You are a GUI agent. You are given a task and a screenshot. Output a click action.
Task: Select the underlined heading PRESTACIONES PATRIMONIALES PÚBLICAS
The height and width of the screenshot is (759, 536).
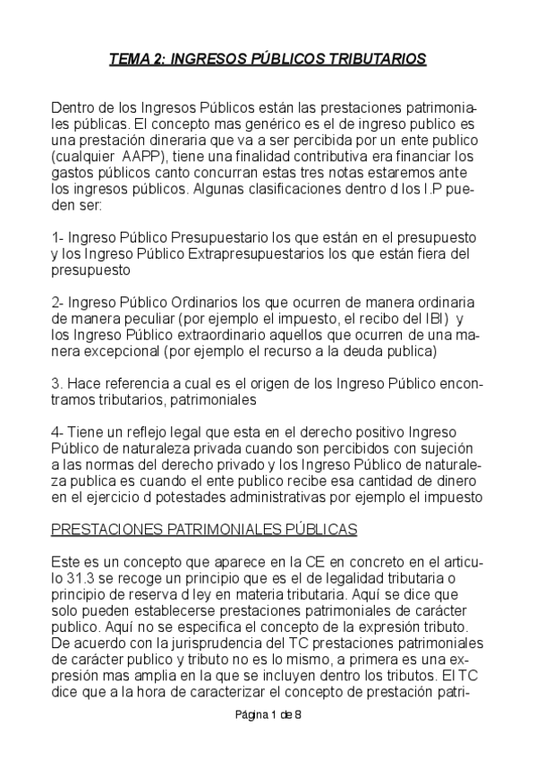tap(204, 529)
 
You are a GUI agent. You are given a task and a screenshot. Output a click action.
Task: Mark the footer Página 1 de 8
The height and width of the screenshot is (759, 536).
tap(268, 715)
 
